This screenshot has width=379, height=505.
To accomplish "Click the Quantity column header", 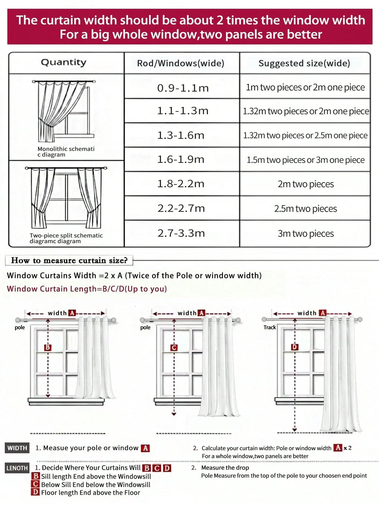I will click(64, 63).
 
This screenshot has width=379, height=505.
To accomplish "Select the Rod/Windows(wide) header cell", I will click(181, 63).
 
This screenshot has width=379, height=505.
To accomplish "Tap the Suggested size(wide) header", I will click(304, 63).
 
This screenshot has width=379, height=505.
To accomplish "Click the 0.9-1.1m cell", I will click(183, 88).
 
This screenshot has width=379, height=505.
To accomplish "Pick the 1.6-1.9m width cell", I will click(181, 160).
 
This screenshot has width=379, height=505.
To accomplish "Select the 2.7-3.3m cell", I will click(181, 233).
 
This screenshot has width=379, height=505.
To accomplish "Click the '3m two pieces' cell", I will click(306, 234).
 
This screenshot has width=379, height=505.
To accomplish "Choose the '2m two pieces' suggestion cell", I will click(306, 184).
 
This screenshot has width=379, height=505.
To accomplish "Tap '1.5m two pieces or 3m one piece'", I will click(306, 160).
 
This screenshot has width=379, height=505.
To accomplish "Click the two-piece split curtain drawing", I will click(66, 198).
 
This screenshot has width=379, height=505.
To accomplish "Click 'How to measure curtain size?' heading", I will click(69, 260).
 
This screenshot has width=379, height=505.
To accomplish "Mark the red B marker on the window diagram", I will click(48, 347).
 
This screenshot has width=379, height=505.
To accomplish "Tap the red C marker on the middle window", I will click(174, 348).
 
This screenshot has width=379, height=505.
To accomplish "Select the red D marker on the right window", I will click(295, 347).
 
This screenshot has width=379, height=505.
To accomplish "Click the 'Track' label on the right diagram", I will click(270, 327).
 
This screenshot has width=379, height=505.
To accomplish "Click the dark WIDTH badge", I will click(17, 448).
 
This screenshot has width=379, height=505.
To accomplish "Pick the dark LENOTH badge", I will click(17, 468).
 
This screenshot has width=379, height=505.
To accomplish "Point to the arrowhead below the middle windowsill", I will click(174, 414).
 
